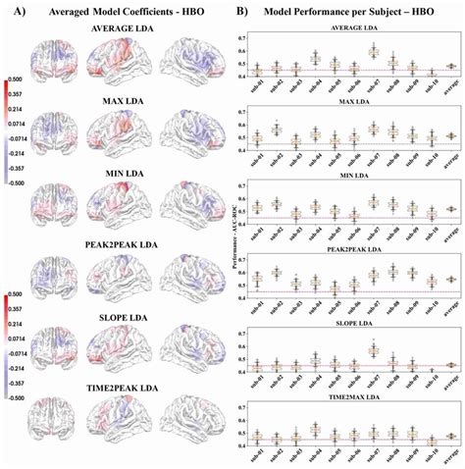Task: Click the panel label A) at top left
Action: pos(14,11)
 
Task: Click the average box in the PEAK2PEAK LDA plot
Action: pos(450,279)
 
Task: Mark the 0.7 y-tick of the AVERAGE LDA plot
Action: pos(241,37)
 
